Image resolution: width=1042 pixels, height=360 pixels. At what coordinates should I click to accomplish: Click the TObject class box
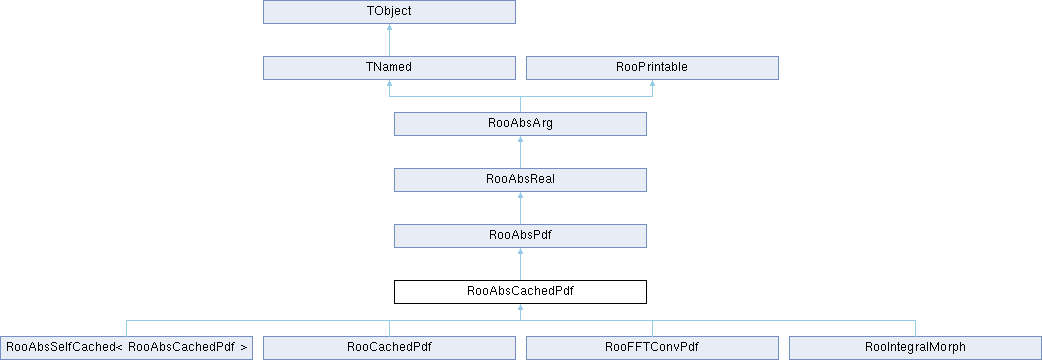click(389, 12)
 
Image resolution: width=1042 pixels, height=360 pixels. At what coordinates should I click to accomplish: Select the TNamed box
click(389, 68)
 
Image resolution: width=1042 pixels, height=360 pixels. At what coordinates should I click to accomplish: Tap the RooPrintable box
click(652, 68)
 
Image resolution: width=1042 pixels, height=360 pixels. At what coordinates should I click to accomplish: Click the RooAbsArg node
click(520, 124)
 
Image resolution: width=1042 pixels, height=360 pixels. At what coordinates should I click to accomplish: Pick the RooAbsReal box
click(520, 179)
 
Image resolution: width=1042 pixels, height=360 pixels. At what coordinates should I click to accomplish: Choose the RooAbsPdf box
click(520, 236)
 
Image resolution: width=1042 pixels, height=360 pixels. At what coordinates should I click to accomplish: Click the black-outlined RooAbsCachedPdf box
click(520, 292)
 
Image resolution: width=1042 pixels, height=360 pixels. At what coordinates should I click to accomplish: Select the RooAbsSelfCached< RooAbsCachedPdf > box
click(126, 347)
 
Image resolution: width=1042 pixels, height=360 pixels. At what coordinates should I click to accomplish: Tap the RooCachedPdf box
click(389, 347)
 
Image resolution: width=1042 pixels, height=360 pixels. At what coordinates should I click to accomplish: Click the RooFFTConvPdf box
click(652, 347)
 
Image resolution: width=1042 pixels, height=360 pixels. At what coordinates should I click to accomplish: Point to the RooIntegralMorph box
click(915, 347)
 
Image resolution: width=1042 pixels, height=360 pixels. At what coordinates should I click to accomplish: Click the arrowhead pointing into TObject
click(389, 28)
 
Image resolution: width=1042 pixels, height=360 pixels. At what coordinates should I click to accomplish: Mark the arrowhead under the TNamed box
click(389, 84)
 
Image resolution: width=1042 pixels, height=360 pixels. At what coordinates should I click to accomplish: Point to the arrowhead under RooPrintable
click(652, 84)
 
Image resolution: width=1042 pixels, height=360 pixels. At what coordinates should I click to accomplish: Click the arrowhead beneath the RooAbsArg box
click(520, 139)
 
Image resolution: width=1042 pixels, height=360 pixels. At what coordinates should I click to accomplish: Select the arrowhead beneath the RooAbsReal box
click(520, 196)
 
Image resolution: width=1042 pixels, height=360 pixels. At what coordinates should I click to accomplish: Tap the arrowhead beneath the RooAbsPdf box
click(520, 252)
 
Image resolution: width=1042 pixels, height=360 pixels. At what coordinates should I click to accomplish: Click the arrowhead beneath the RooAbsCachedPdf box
click(520, 308)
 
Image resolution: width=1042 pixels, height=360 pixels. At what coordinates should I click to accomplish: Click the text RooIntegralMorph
click(915, 347)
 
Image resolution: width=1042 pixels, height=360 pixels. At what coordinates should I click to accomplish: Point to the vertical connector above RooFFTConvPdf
click(652, 328)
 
